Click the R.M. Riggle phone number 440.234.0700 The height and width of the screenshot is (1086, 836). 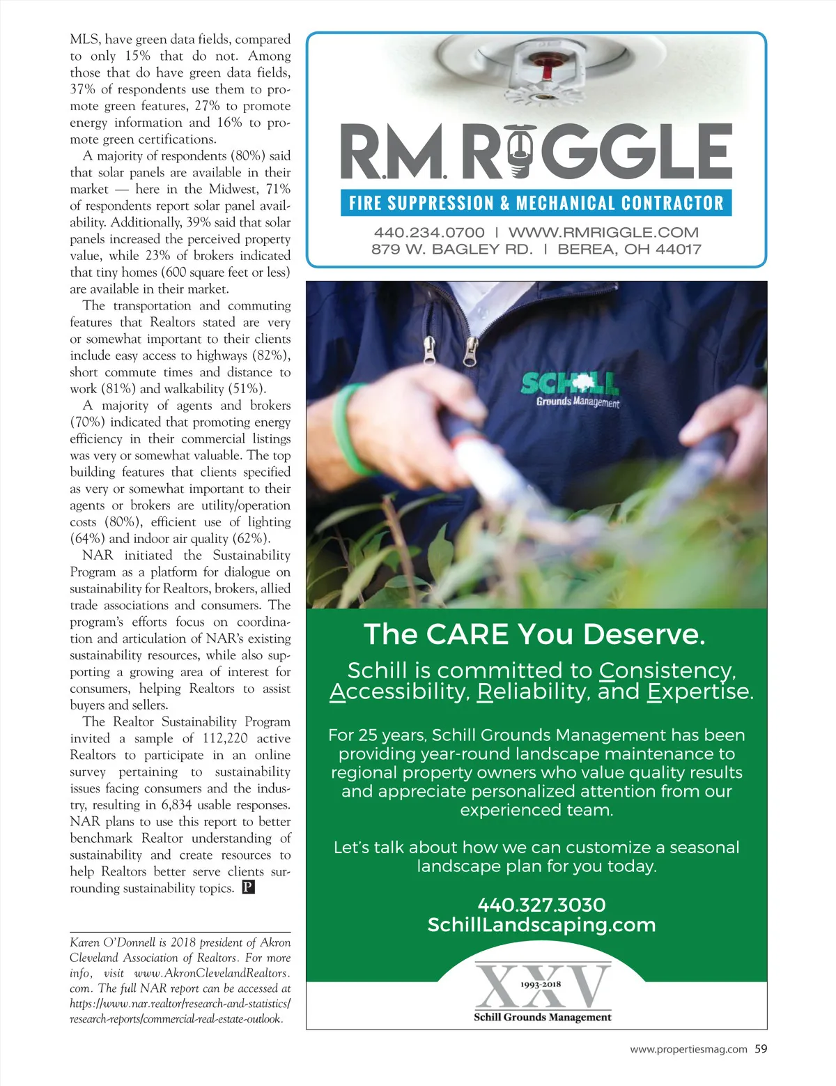click(428, 232)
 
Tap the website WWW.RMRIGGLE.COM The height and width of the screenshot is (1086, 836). click(603, 232)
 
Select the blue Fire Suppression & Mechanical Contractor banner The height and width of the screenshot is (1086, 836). click(536, 203)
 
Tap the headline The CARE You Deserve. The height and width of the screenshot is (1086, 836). click(534, 634)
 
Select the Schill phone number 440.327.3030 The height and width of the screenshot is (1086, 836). click(541, 905)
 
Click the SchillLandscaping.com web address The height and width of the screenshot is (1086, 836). click(541, 925)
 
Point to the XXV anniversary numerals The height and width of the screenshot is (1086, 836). click(542, 986)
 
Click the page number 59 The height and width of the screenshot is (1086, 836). click(761, 1048)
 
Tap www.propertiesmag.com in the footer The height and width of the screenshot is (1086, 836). click(688, 1049)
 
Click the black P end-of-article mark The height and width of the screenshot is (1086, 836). click(249, 887)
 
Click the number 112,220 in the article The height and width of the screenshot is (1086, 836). click(225, 738)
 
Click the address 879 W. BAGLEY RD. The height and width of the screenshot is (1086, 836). click(451, 249)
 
